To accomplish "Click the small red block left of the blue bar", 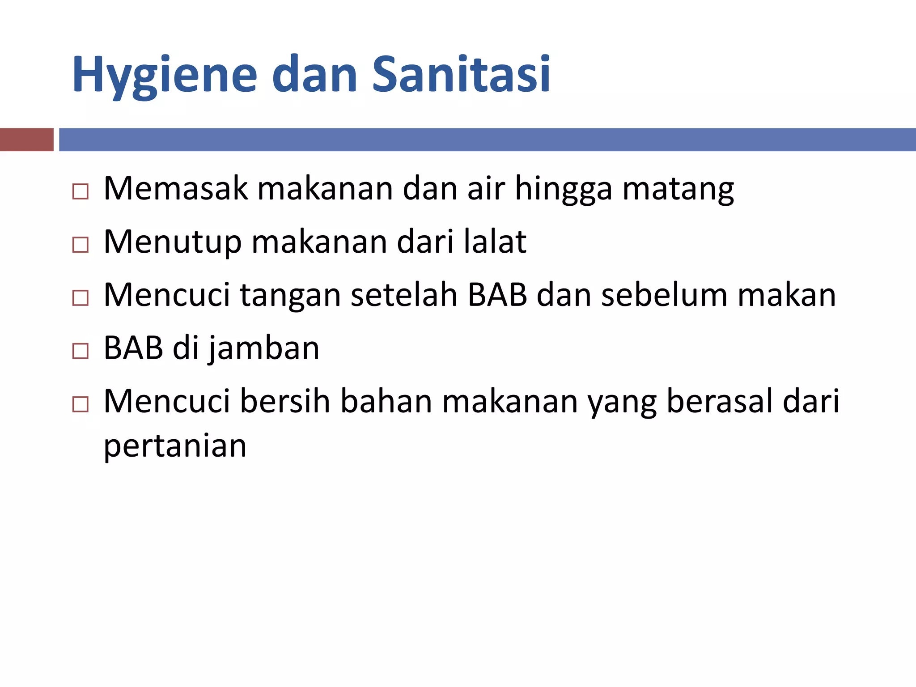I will pos(26,140).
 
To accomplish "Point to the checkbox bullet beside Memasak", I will pos(81,191).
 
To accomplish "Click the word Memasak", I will pos(175,189).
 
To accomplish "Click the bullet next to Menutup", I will pos(81,245).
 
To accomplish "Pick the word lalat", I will pos(495,242).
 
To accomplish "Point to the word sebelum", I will pos(664,295).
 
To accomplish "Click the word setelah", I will pos(404,295).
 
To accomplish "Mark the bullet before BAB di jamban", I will pos(81,351).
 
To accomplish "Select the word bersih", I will pos(285,401).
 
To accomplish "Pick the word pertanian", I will pos(175,446).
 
